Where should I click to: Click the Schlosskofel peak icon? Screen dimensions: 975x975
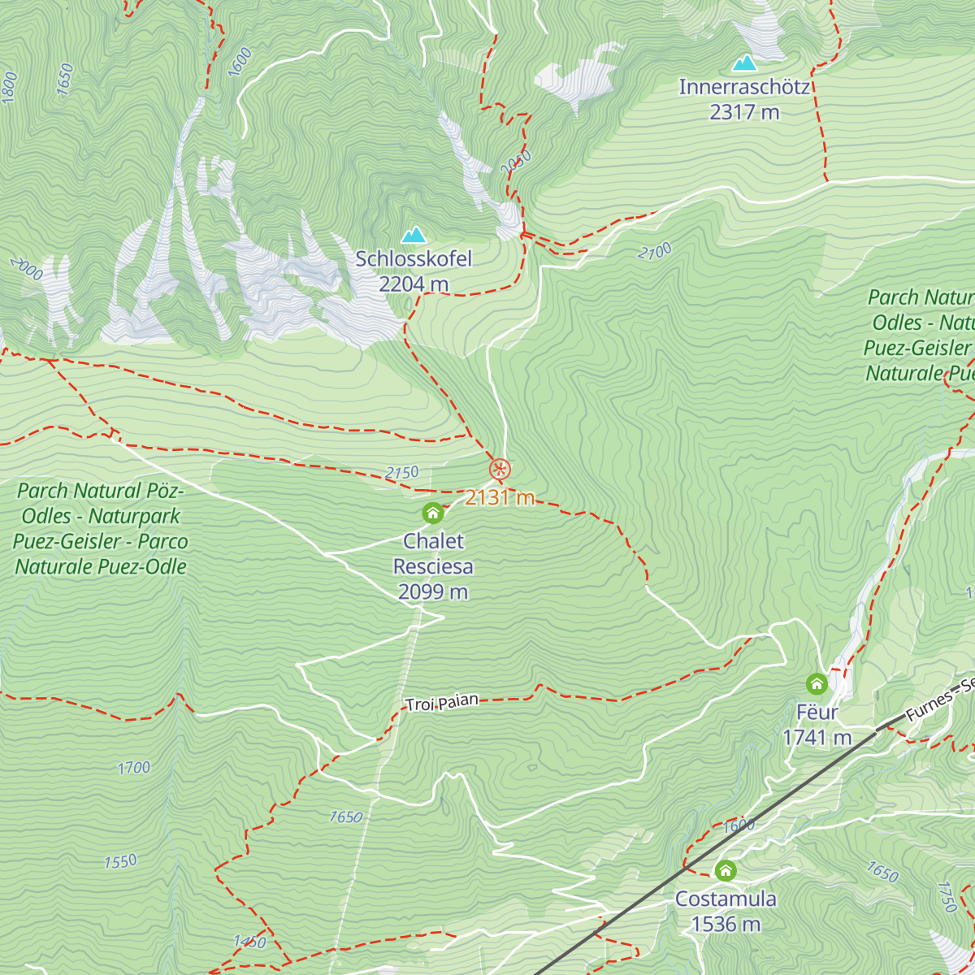414,236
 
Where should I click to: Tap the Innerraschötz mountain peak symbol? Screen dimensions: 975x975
744,63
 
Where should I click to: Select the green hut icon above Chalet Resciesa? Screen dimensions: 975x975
433,513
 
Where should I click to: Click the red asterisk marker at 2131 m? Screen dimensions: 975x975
500,469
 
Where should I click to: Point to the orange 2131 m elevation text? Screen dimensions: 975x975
500,497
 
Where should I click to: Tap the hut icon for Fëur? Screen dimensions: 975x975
817,684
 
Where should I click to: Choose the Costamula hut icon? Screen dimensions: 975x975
726,871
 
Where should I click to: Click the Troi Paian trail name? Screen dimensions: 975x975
442,703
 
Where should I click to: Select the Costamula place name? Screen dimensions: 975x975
726,899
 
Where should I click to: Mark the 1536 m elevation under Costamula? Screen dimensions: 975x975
726,924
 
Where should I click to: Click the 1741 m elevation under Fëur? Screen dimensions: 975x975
817,737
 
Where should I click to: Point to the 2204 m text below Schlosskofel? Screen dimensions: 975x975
414,284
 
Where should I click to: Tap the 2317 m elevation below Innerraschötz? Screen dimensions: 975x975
744,112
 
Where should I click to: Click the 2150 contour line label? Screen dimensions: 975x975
402,473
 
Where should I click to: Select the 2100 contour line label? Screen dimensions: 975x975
654,252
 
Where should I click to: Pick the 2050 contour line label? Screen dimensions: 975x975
515,162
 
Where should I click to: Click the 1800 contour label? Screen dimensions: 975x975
10,87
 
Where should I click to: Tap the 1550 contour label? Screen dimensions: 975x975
120,861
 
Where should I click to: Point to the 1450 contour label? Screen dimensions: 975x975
249,942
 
